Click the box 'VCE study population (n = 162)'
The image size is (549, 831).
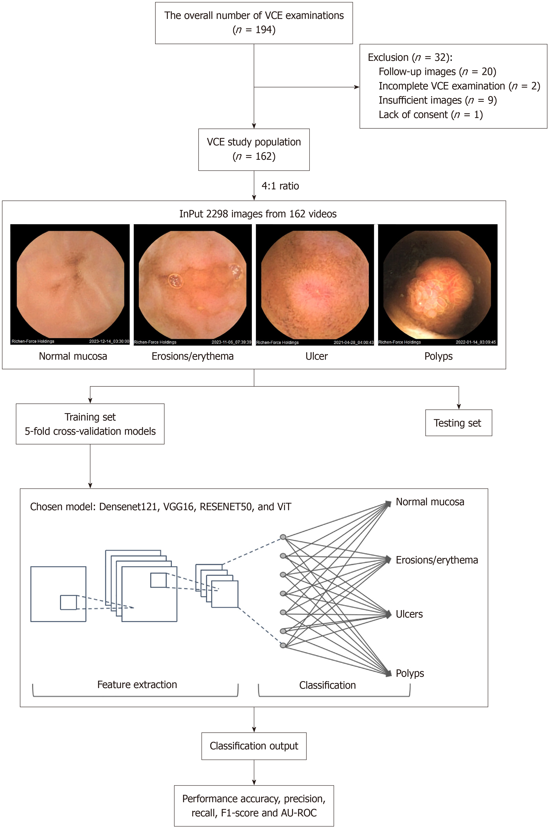[x=254, y=150]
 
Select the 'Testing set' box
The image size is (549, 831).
[x=458, y=423]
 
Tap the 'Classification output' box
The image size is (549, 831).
[x=254, y=746]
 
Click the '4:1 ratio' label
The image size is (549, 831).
[x=280, y=186]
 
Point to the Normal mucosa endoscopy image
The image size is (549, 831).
[x=70, y=284]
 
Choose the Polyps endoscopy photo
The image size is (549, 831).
[x=438, y=284]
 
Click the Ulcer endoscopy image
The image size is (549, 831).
[x=315, y=284]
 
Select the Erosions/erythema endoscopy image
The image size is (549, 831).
[x=193, y=284]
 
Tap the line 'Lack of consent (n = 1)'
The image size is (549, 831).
[x=431, y=114]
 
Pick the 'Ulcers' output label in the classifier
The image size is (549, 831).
[x=409, y=614]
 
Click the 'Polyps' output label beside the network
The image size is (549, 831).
[x=410, y=673]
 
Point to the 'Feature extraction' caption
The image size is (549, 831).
[x=137, y=684]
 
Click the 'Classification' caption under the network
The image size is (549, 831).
[x=327, y=685]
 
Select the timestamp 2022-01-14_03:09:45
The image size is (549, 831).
[x=476, y=342]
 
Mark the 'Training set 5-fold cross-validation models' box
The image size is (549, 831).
[x=90, y=424]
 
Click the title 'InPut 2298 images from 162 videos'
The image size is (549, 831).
[x=258, y=214]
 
